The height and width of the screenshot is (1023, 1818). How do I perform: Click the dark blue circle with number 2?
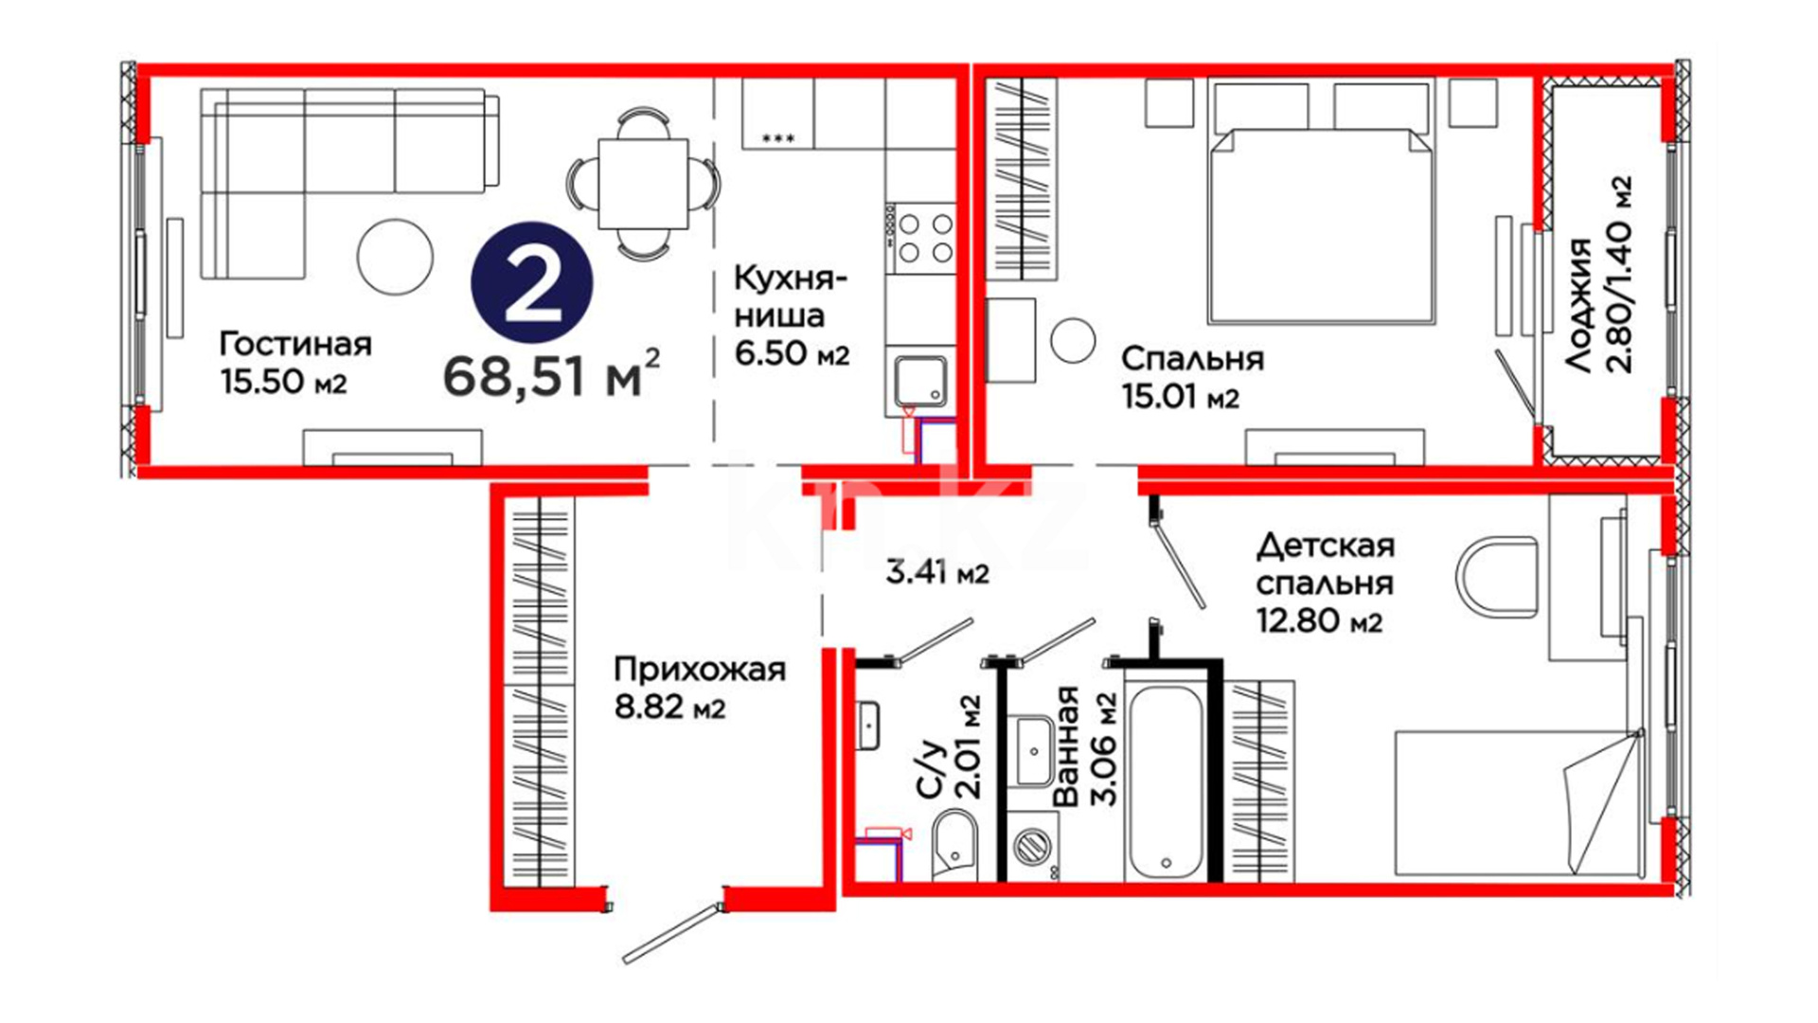click(x=532, y=282)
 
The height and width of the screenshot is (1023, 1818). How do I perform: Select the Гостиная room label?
click(x=295, y=343)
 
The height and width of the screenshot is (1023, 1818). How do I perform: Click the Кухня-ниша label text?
click(x=791, y=296)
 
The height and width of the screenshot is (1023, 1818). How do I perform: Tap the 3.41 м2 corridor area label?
click(x=937, y=572)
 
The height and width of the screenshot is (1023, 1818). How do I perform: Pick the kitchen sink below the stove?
click(x=921, y=381)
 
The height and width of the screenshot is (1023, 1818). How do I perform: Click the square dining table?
click(x=643, y=184)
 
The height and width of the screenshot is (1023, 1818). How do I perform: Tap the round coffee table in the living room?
click(x=395, y=257)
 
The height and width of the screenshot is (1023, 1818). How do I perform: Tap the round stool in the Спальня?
click(x=1073, y=339)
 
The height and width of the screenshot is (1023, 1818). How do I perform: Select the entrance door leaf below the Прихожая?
click(x=672, y=934)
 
